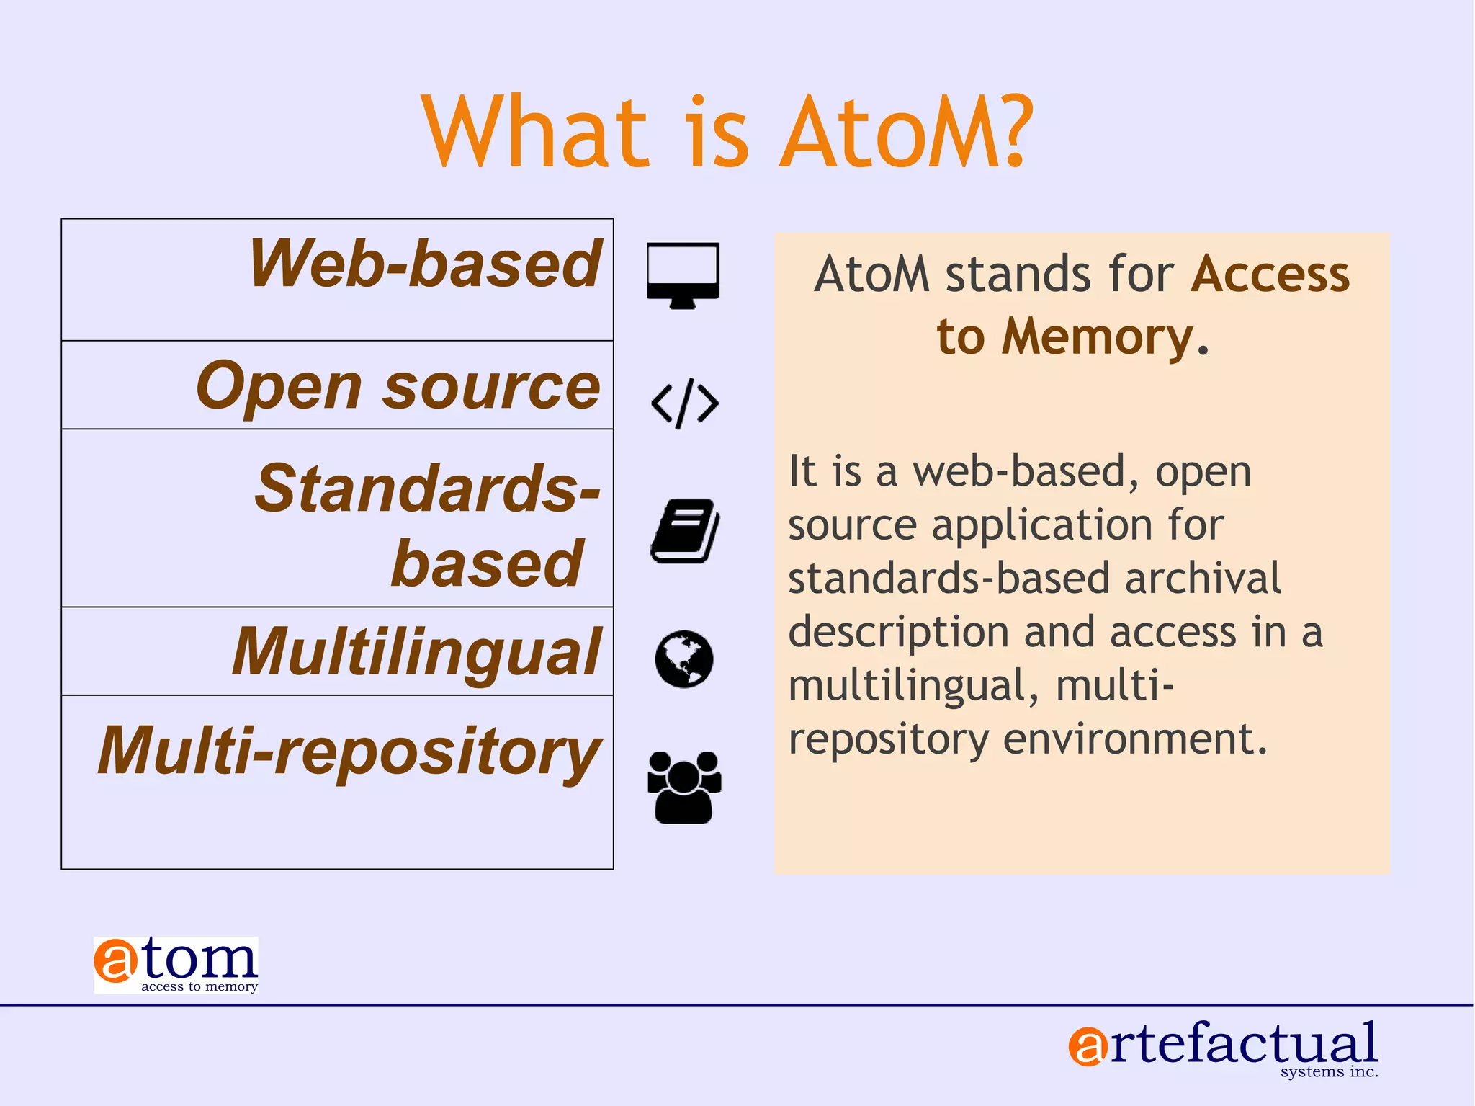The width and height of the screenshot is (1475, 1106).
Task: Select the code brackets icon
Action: click(685, 403)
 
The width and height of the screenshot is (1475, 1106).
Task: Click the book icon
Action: click(685, 531)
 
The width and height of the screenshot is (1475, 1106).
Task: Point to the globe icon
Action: click(684, 659)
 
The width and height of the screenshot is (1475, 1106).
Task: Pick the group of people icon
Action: click(684, 787)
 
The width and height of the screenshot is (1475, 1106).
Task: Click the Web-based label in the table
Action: click(425, 264)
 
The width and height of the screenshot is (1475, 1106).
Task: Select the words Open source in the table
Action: click(398, 386)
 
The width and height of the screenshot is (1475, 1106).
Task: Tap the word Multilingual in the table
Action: click(416, 652)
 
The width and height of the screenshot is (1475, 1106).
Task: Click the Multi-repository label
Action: click(349, 751)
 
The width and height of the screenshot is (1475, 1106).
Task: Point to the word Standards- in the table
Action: click(428, 489)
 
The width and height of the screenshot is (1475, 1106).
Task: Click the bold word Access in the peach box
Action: click(1270, 275)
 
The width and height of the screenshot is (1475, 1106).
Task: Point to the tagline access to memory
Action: click(199, 986)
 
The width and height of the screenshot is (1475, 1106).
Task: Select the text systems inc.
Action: click(1329, 1071)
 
